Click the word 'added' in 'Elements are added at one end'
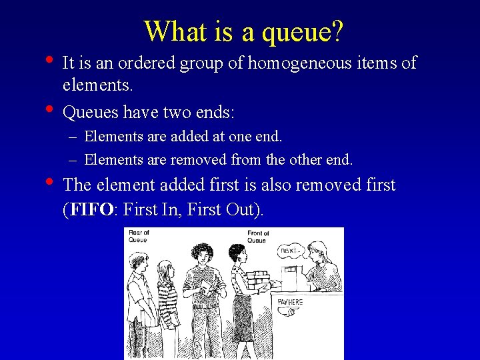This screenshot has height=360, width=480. point(188,137)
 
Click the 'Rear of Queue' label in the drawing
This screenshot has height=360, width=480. point(139,236)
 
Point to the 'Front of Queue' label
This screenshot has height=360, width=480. point(257,237)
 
